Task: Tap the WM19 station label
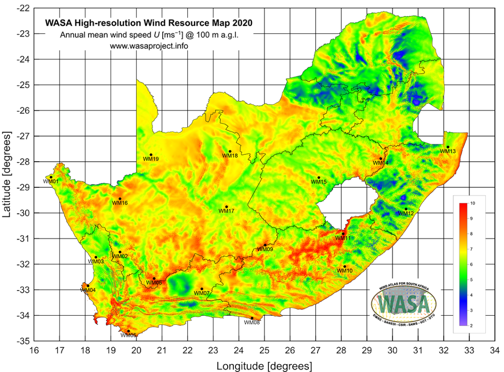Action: pos(151,159)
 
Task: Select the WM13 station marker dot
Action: pos(448,147)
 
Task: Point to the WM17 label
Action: pos(226,211)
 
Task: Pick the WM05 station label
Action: pos(154,283)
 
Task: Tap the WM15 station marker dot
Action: pos(319,177)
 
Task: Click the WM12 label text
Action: pos(405,213)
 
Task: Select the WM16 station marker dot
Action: pos(120,198)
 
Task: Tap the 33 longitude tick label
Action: pos(469,350)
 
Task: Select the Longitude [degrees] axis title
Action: pos(264,366)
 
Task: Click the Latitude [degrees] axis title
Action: pos(7,174)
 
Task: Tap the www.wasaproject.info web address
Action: pos(149,46)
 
